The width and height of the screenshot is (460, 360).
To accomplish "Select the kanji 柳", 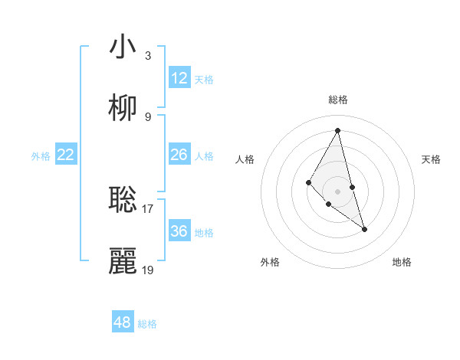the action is click(x=123, y=108).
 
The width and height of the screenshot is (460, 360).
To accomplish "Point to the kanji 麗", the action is click(x=123, y=260).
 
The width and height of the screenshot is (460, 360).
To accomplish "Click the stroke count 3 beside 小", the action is click(x=148, y=56).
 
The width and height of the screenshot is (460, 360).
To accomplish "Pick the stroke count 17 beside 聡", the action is click(x=148, y=208).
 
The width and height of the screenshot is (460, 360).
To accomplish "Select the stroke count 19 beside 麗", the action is click(x=148, y=270).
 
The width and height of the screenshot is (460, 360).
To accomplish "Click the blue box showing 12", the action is click(x=179, y=78).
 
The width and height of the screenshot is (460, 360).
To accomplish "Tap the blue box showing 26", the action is click(x=179, y=155).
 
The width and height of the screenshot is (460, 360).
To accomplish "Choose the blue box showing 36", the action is click(x=179, y=231).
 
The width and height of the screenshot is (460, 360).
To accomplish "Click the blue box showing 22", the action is click(x=66, y=155).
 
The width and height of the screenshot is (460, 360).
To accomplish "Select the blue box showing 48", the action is click(x=123, y=322).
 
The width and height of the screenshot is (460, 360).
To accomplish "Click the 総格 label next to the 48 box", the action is click(x=147, y=324).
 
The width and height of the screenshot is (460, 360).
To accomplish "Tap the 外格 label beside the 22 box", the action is click(x=41, y=156).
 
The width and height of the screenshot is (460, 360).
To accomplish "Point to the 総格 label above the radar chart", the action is click(x=337, y=100).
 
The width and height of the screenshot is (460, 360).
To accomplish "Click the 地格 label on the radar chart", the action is click(x=402, y=262).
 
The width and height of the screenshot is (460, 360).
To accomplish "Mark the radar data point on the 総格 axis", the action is click(x=337, y=130).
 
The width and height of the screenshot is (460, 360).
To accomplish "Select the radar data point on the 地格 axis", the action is click(x=364, y=229).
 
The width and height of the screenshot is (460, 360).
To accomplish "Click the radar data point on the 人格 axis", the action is click(x=308, y=182).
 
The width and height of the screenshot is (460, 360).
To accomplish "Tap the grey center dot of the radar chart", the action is click(x=337, y=191).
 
